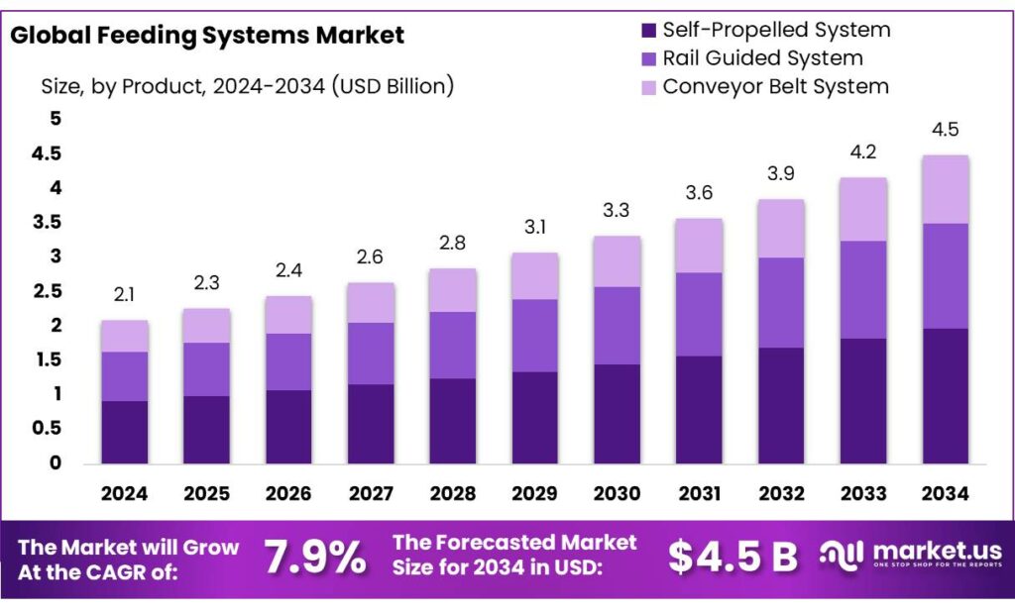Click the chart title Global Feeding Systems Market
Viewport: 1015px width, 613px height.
coord(206,36)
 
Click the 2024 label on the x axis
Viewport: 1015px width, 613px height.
coord(125,493)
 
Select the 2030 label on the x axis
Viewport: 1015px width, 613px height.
coord(618,493)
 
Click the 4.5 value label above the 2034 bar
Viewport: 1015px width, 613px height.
coord(945,130)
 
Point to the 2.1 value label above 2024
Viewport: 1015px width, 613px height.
coord(125,294)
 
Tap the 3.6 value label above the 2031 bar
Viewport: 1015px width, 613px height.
coord(699,193)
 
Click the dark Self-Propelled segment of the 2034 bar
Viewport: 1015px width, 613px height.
coord(945,395)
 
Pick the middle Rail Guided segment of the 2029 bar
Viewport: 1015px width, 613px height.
coord(535,335)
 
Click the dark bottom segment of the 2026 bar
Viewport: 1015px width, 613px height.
coord(288,426)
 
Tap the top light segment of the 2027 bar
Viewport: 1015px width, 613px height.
coord(371,302)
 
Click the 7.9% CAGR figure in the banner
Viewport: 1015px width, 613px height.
coord(314,558)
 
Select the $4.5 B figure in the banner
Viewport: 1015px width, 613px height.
coord(733,558)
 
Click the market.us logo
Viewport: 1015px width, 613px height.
coord(910,555)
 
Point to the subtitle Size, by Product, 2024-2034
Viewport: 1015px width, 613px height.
coord(247,86)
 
